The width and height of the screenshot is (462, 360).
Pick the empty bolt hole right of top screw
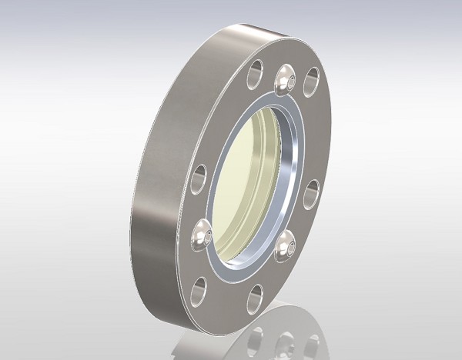[x=312, y=81]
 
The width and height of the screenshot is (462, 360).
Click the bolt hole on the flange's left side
[x=199, y=178]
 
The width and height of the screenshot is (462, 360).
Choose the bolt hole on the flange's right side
[x=310, y=193]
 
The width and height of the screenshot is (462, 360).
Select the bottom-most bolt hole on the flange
[x=256, y=296]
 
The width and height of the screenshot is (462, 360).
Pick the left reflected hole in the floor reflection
[x=257, y=338]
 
